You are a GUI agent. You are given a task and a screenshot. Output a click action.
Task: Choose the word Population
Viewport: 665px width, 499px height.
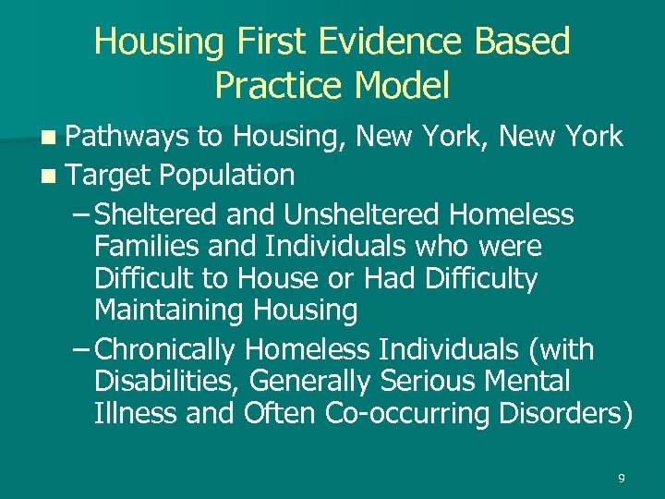pyautogui.click(x=227, y=176)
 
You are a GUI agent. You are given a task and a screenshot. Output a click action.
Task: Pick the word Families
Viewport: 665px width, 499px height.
pyautogui.click(x=141, y=247)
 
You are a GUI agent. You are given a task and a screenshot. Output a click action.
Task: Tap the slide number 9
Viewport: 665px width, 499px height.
pyautogui.click(x=621, y=478)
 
